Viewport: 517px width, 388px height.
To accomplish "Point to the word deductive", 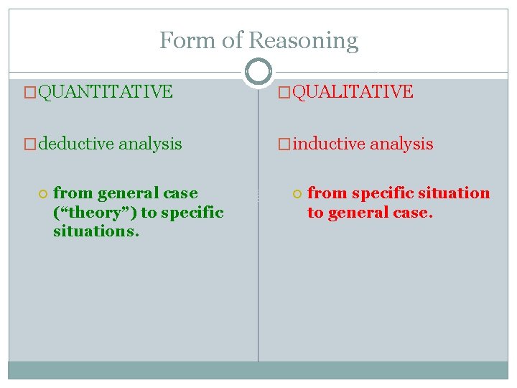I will point(75,144).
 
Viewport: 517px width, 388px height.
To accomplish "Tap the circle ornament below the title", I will point(258,71).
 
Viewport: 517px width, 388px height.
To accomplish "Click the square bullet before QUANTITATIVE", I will point(29,92).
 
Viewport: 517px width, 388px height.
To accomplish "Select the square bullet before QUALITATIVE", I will point(284,92).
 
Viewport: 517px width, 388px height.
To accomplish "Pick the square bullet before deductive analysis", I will point(29,144).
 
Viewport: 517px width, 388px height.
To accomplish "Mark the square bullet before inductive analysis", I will point(284,144).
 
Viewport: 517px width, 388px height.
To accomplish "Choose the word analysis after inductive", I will point(401,144).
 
